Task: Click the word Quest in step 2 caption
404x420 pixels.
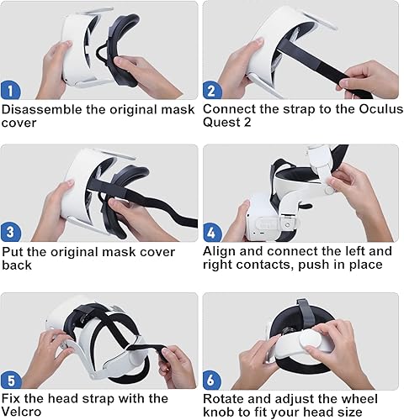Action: (x=221, y=123)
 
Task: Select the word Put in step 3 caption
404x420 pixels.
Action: (x=13, y=252)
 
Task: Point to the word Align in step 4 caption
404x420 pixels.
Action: (x=221, y=252)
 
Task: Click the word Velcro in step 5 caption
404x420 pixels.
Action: (x=26, y=412)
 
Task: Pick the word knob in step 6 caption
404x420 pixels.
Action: (x=221, y=412)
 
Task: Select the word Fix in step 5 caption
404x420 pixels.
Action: (x=13, y=398)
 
